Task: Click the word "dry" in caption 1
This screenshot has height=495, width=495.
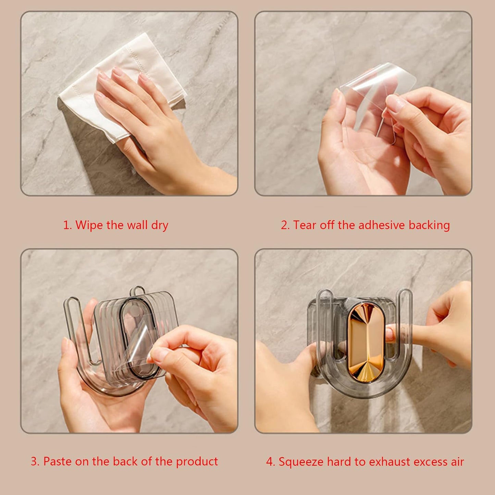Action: pos(160,226)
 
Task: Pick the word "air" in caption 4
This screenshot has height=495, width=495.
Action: pos(457,462)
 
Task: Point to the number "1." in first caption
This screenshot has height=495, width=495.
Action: pos(67,225)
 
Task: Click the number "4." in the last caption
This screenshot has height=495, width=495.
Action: pos(271,462)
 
